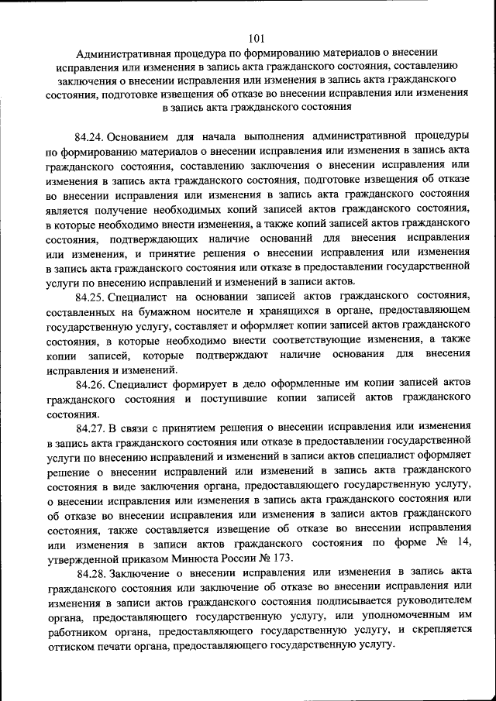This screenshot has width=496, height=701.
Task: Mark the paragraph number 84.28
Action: (92, 573)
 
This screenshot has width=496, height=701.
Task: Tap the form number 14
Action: (464, 544)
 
